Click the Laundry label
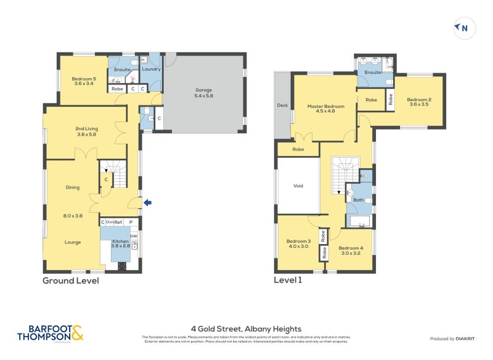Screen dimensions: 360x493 [x=151, y=69]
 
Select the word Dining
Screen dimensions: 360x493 [x=73, y=187]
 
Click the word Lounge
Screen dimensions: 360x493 [x=73, y=242]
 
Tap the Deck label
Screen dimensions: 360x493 [x=283, y=105]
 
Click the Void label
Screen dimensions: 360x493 [x=298, y=186]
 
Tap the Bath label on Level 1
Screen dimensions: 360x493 [x=358, y=200]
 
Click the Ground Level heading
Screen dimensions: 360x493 [x=70, y=280]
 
